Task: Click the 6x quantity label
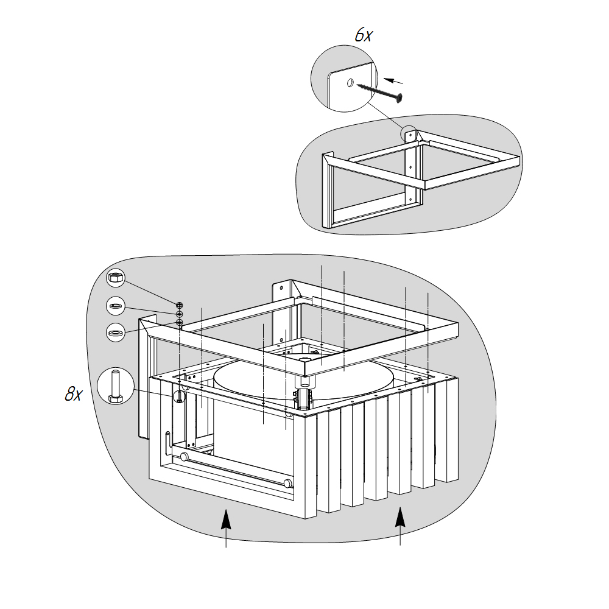(364, 35)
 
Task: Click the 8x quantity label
(74, 394)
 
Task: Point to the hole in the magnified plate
(350, 82)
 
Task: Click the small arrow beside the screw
(393, 81)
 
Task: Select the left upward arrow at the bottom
(226, 528)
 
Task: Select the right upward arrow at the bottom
(401, 526)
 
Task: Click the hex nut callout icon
(115, 278)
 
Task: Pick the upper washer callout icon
(115, 306)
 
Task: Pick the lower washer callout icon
(115, 333)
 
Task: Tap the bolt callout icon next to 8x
(115, 386)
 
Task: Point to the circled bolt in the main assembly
(179, 396)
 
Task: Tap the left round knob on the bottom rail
(185, 457)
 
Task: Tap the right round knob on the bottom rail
(287, 484)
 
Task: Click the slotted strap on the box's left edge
(168, 443)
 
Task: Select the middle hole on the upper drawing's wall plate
(410, 167)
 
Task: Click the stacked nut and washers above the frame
(180, 314)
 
